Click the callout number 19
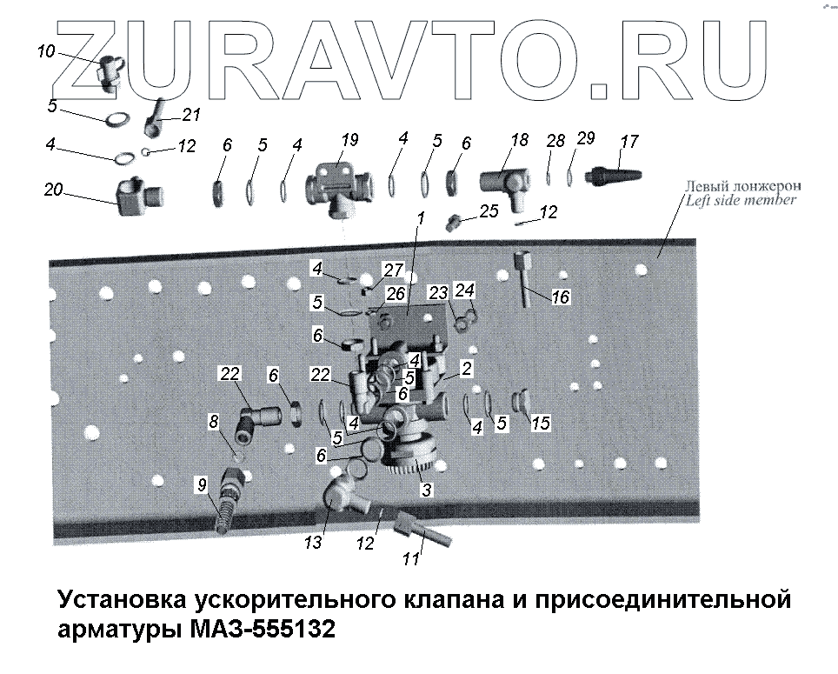349,140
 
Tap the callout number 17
629,142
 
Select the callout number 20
53,190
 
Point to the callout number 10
46,51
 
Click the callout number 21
191,115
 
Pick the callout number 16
561,297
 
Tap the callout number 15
541,423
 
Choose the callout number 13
313,543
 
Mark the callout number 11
411,559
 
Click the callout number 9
202,484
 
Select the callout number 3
427,490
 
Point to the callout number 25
489,210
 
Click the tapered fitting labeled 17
614,176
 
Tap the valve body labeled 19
337,188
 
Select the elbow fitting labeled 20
139,197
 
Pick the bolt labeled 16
523,279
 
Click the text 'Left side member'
741,200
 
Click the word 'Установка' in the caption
122,600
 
